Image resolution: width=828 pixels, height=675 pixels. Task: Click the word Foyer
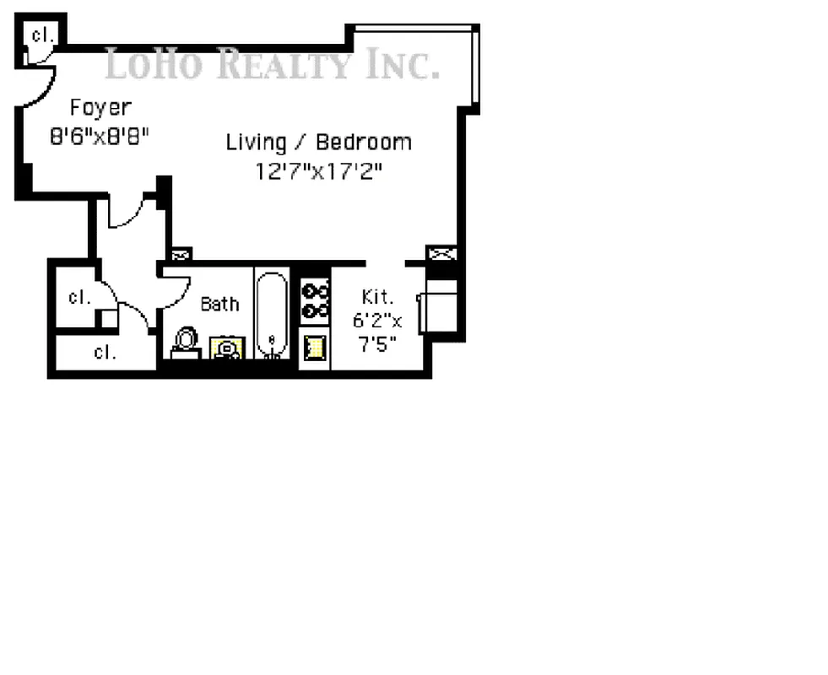[x=100, y=108]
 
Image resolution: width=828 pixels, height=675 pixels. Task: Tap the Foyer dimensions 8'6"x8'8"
[x=100, y=137]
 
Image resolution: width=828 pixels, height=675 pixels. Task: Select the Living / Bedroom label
[x=318, y=142]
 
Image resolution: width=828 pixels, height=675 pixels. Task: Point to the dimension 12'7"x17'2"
[x=319, y=171]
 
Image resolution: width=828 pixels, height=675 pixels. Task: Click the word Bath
[x=219, y=304]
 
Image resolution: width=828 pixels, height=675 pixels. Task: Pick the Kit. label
[x=377, y=297]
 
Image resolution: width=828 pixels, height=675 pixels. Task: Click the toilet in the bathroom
[x=185, y=342]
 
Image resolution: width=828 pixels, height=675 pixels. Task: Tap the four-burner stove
[x=315, y=301]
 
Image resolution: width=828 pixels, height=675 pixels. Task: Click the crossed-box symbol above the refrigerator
[x=441, y=252]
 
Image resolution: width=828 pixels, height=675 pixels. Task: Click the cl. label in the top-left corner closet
[x=40, y=35]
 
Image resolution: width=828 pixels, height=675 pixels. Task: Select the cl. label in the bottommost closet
[x=105, y=353]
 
